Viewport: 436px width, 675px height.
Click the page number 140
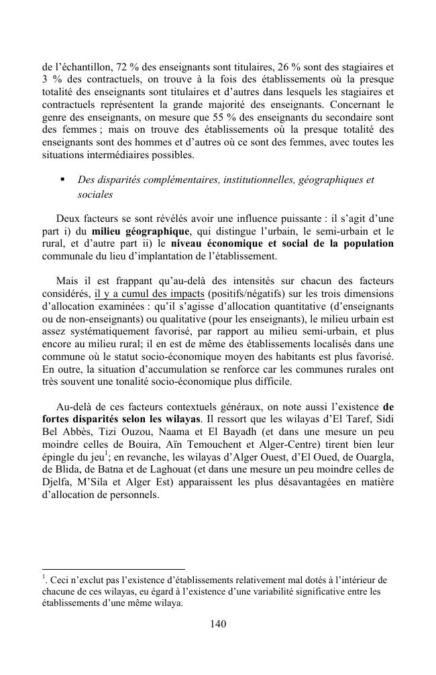tap(218, 624)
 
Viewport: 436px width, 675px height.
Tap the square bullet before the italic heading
tap(62, 180)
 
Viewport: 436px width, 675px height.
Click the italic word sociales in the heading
tap(96, 195)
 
